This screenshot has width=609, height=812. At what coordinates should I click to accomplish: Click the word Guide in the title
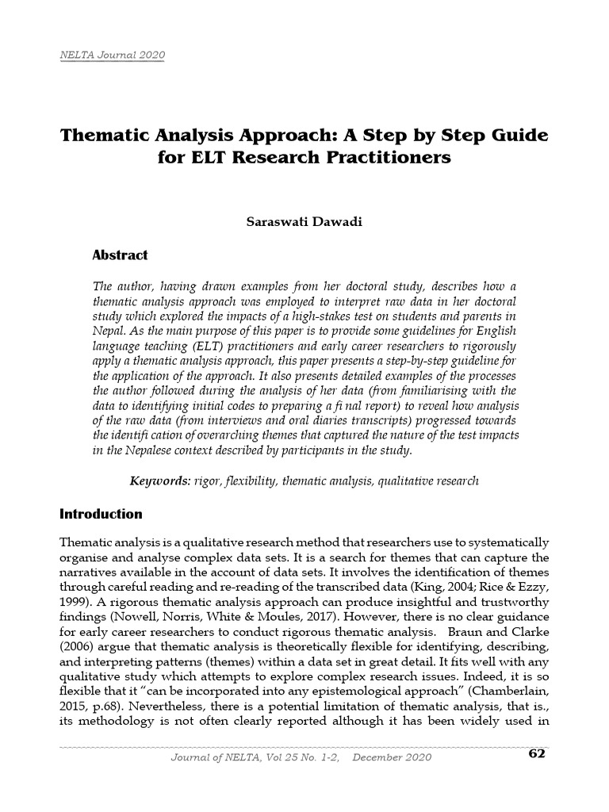[x=515, y=135]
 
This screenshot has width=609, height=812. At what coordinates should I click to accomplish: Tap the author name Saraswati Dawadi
[x=304, y=221]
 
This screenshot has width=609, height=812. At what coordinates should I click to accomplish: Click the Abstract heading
[x=121, y=255]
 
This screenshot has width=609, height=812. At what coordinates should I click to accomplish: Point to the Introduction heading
[x=101, y=514]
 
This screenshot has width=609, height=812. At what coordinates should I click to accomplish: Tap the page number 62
[x=537, y=753]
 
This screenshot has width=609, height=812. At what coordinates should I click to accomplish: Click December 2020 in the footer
[x=392, y=757]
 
